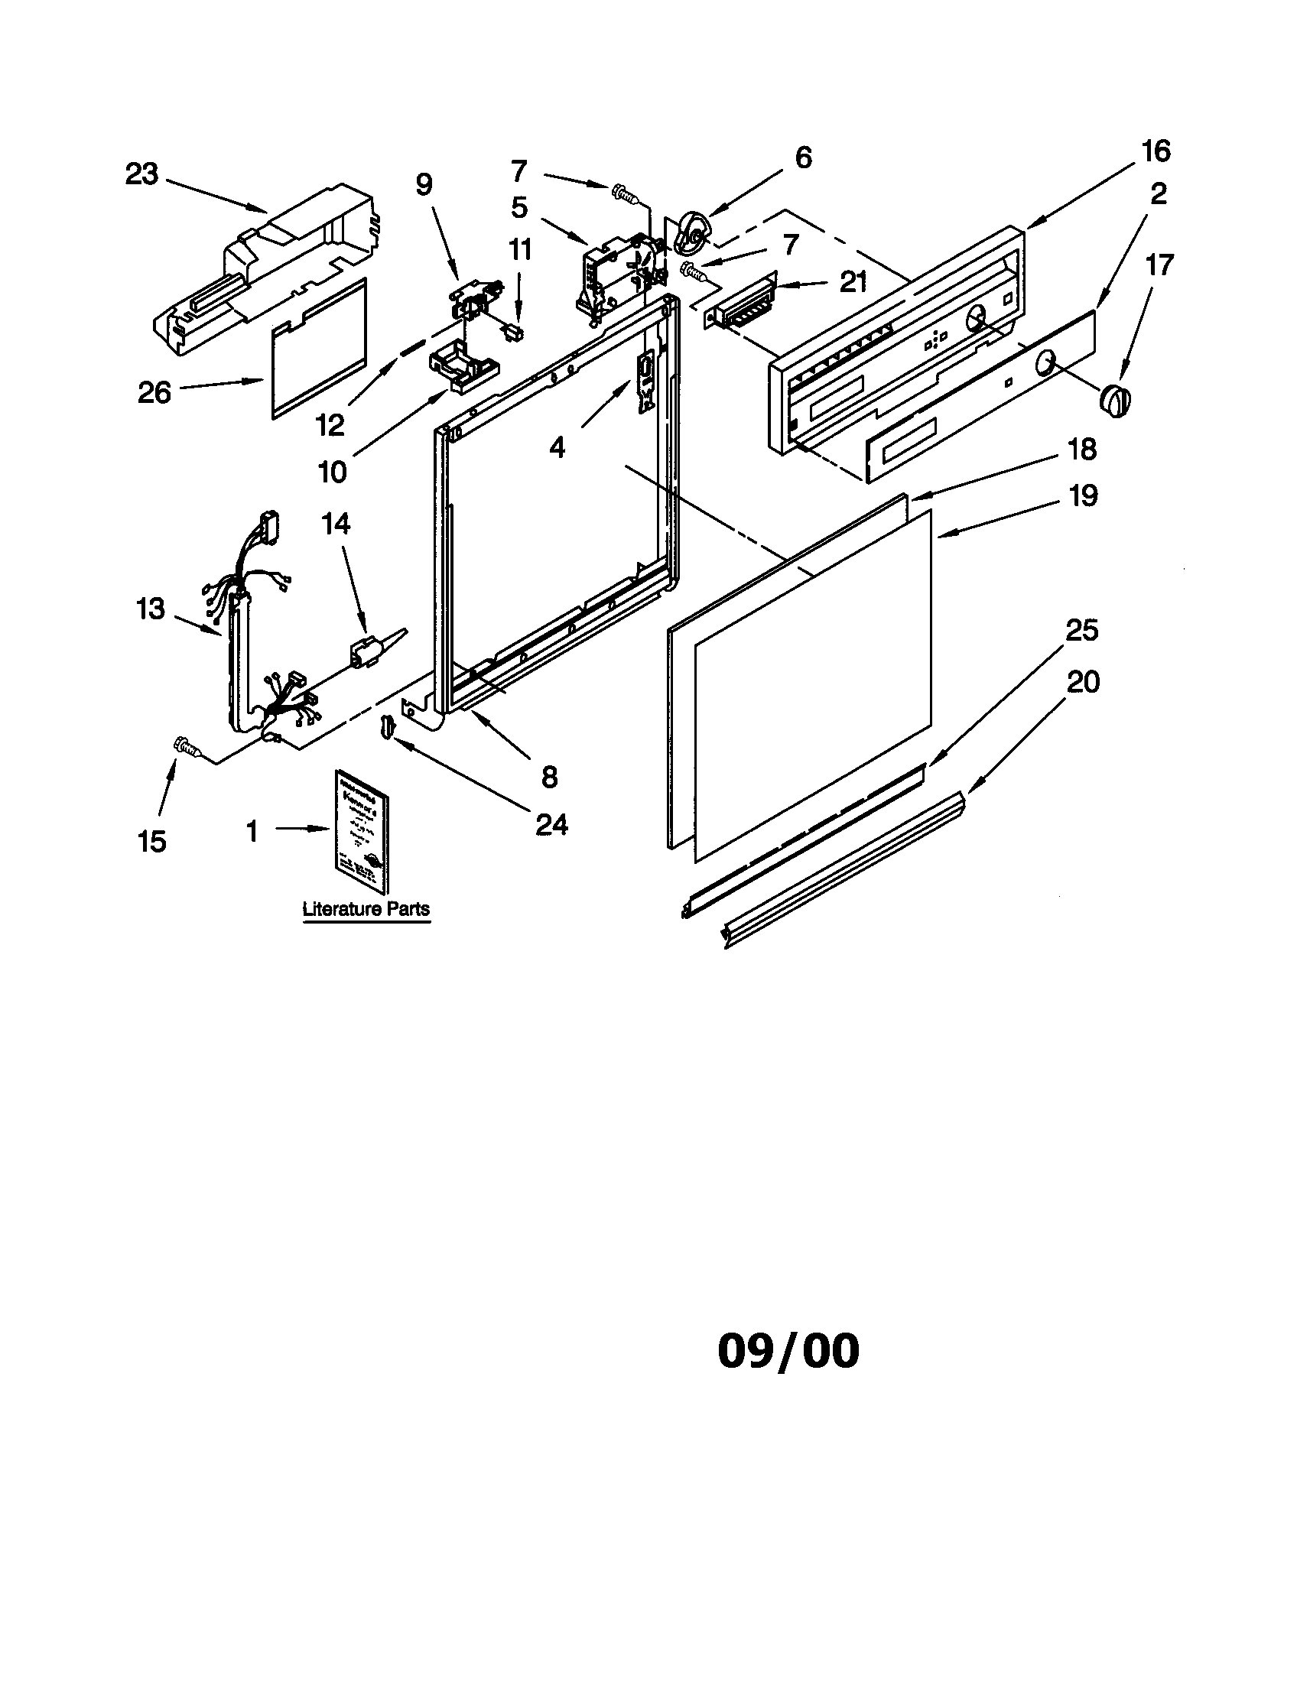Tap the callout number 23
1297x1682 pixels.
coord(141,175)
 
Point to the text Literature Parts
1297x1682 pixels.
coord(366,909)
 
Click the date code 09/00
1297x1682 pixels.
coord(788,1350)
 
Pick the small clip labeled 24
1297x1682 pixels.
coord(387,726)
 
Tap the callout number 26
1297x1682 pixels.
coord(154,392)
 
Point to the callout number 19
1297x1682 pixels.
coord(1083,495)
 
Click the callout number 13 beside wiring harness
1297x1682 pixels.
coord(151,609)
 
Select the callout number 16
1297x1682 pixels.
coord(1156,151)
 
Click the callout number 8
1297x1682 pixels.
coord(549,776)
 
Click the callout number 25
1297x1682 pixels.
coord(1081,630)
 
